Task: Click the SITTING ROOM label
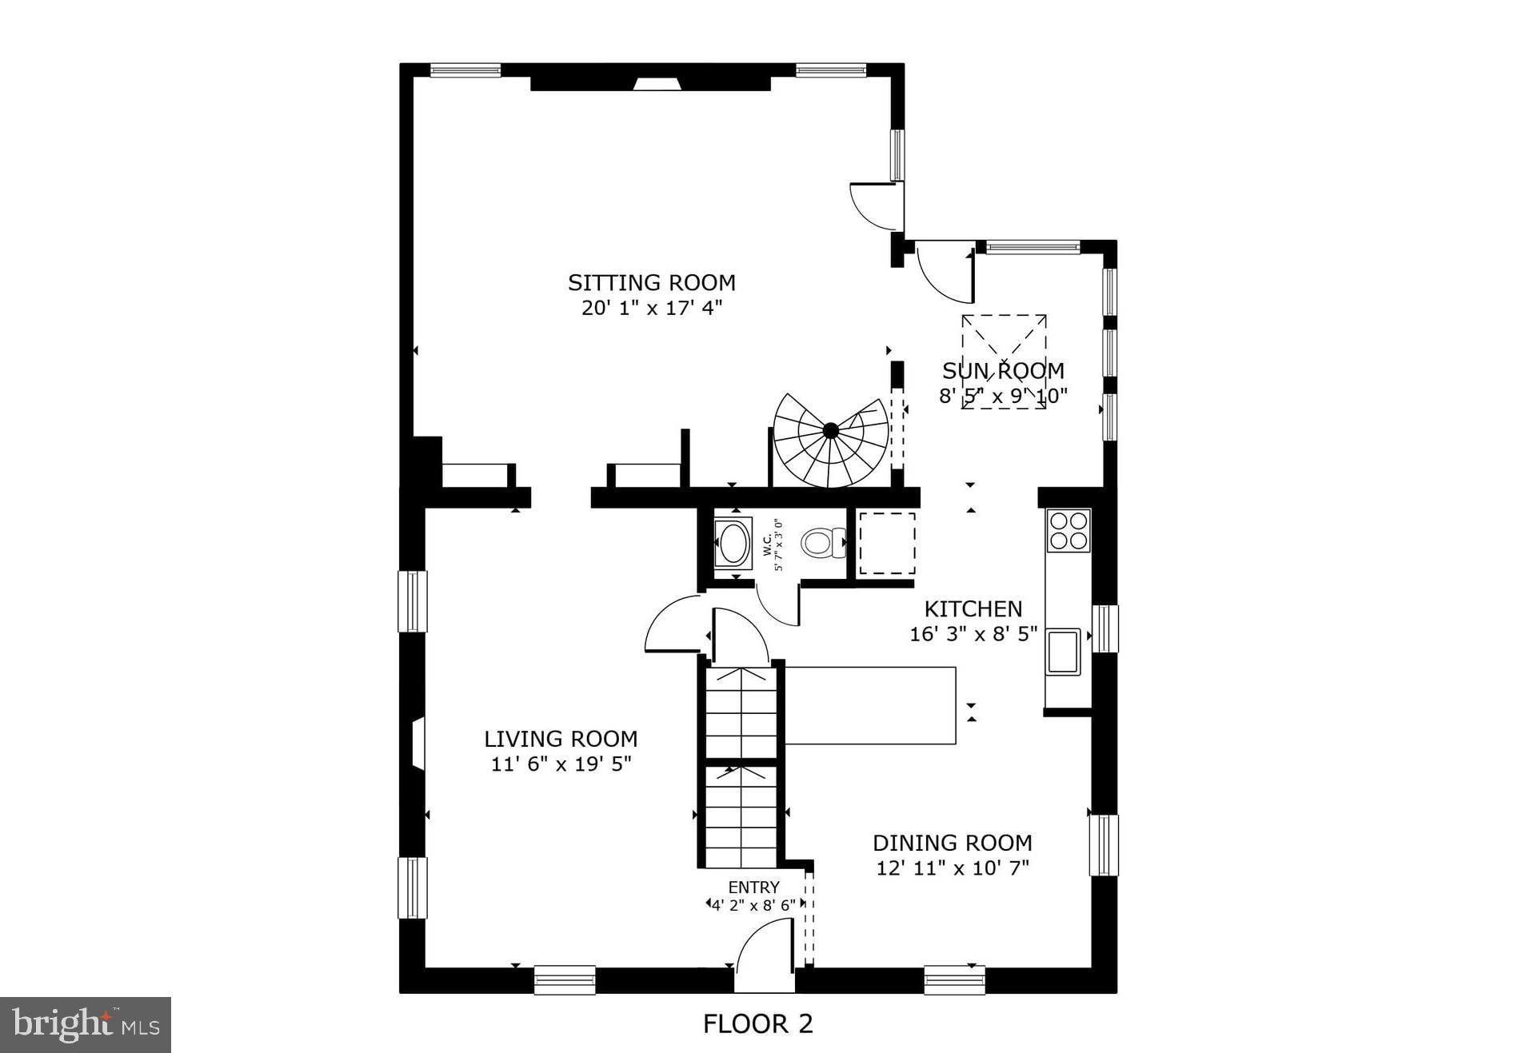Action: click(x=651, y=282)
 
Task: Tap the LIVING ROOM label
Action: click(x=561, y=738)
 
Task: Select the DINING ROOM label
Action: click(x=952, y=843)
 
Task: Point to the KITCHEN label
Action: click(x=973, y=608)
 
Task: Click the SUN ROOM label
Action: click(x=1003, y=371)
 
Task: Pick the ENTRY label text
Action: click(x=753, y=887)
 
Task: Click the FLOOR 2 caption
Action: click(x=757, y=1024)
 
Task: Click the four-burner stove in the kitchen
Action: click(x=1069, y=530)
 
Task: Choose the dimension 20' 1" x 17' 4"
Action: click(x=651, y=308)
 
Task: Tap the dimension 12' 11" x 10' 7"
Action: click(x=952, y=868)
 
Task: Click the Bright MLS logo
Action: click(x=86, y=1025)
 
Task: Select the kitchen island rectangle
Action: click(x=870, y=705)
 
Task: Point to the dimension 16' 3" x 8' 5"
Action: click(x=973, y=634)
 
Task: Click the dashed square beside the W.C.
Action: click(x=887, y=543)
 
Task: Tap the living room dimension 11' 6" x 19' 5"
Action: click(x=561, y=764)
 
